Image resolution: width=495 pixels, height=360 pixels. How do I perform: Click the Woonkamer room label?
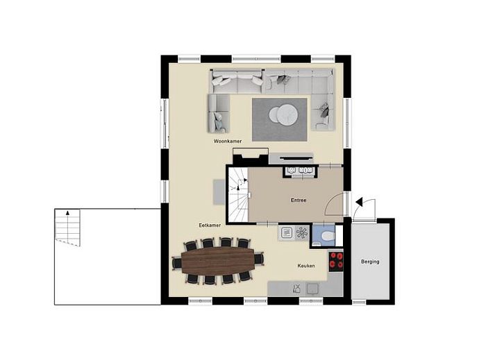228,141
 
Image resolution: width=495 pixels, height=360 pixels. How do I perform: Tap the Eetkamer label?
209,225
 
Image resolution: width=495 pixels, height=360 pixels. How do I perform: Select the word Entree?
299,200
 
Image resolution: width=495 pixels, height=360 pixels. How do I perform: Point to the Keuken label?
306,266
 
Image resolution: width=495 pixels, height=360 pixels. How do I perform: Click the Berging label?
369,262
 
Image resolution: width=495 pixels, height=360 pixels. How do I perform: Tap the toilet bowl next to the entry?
326,236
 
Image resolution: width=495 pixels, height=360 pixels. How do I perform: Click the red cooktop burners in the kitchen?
337,260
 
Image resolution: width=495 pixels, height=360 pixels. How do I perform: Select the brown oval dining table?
219,261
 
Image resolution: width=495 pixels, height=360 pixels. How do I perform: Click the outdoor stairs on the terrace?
68,226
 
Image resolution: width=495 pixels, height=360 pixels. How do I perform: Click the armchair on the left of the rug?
218,114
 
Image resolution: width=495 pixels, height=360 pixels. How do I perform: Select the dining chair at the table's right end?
259,260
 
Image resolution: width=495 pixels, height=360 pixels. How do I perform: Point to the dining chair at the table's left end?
176,262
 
